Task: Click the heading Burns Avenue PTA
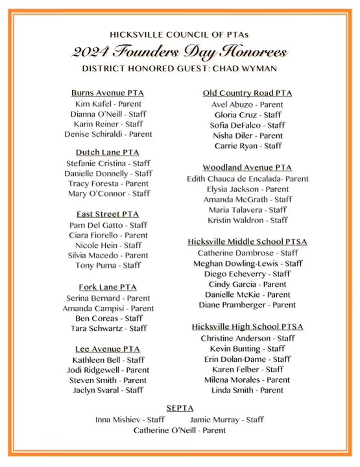108,93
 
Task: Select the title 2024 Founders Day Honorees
179,52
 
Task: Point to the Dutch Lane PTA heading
108,152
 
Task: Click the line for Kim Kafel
108,104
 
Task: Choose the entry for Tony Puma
108,265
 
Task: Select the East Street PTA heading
108,215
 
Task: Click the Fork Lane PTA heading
108,287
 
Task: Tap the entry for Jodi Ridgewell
108,370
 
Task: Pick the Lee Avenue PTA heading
108,349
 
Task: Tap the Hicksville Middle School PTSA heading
248,242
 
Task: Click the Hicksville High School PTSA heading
248,327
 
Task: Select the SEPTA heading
180,409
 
